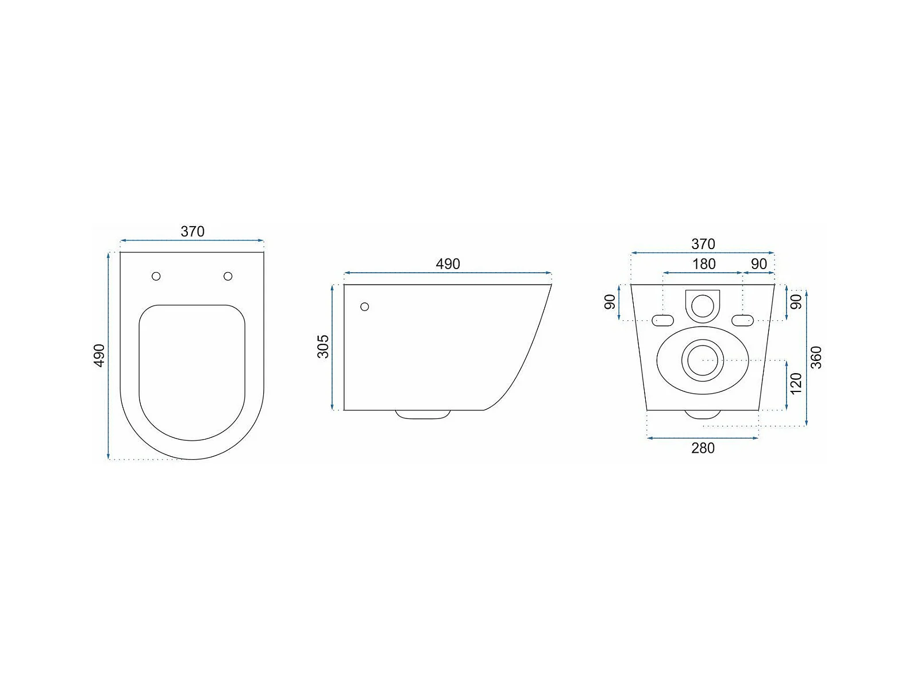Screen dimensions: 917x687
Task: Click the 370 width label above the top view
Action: (192, 231)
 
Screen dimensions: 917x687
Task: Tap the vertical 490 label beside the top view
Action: (99, 355)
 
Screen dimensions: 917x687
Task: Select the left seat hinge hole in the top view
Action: (156, 276)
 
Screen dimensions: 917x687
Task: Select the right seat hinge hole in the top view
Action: (228, 276)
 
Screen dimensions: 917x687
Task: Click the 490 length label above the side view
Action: (448, 264)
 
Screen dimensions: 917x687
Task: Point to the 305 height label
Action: (323, 347)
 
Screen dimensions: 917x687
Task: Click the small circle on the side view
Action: (364, 307)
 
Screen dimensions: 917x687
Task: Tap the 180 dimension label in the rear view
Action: (704, 264)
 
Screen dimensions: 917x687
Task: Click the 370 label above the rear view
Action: (703, 244)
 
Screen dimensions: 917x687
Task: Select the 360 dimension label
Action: (816, 358)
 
